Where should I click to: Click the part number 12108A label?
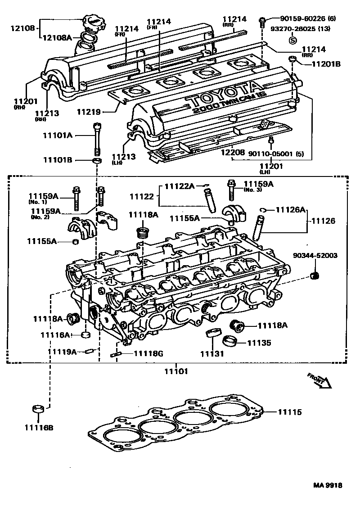pyautogui.click(x=57, y=38)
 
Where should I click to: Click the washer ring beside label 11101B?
pyautogui.click(x=96, y=160)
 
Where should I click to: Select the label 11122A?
pyautogui.click(x=179, y=186)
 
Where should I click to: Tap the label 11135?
pyautogui.click(x=259, y=343)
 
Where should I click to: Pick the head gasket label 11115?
pyautogui.click(x=289, y=412)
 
